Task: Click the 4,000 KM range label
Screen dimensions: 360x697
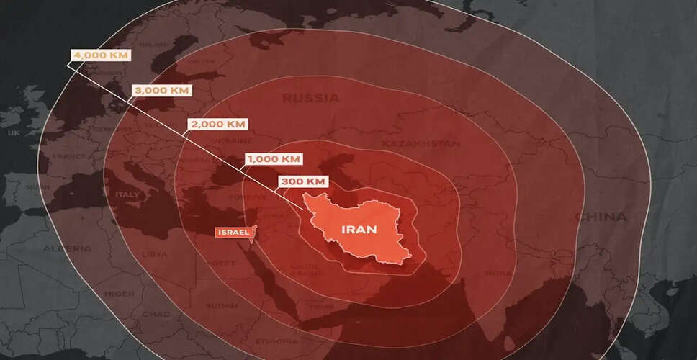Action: (100, 55)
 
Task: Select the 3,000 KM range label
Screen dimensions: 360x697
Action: (161, 91)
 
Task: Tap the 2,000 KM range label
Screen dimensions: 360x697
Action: (217, 124)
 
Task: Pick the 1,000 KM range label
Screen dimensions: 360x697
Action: (273, 158)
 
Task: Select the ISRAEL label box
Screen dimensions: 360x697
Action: (232, 233)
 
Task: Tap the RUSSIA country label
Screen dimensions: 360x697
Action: (310, 97)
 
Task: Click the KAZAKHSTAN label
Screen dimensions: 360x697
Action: (421, 143)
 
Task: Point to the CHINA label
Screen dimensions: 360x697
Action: (601, 217)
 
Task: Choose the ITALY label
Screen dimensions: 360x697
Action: (127, 194)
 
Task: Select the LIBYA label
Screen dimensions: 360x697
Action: (154, 254)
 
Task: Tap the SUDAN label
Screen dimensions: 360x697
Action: (222, 305)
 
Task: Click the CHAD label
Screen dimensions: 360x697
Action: (156, 314)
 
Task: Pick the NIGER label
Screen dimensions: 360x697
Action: (99, 294)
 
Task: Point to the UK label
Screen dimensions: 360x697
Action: (14, 133)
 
